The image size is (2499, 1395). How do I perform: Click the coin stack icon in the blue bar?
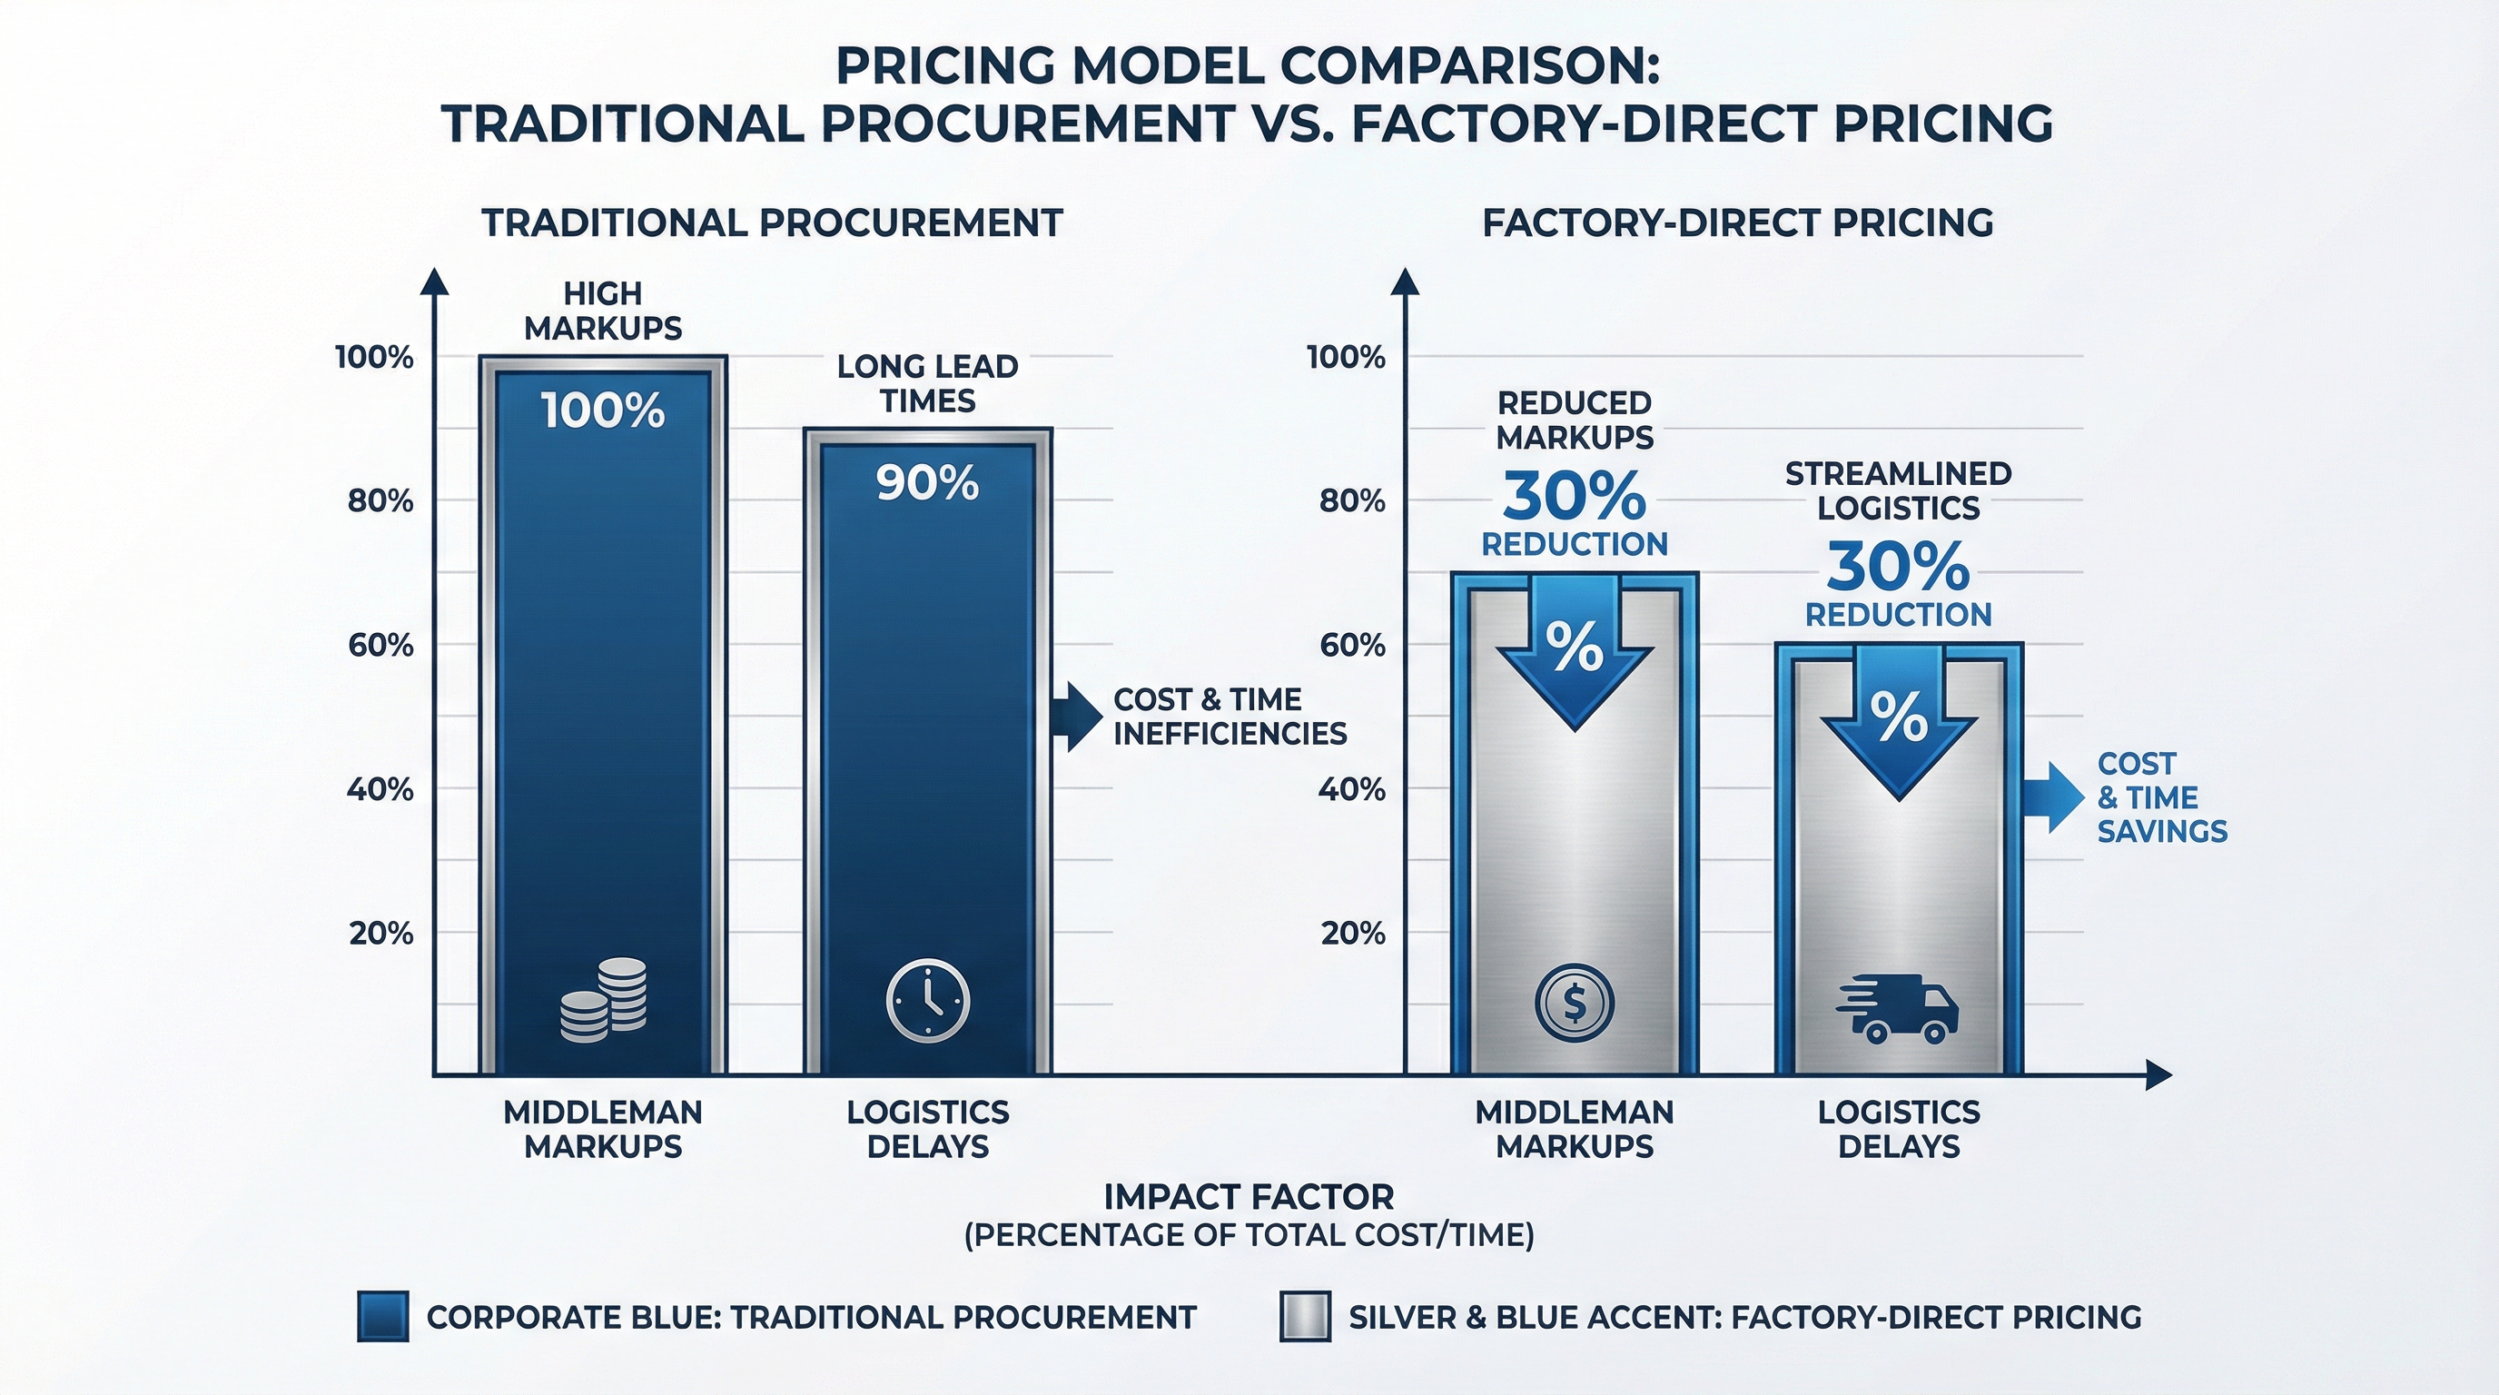tap(603, 1000)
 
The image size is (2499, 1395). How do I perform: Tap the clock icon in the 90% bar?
tap(927, 1002)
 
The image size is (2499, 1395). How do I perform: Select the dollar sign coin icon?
tap(1575, 1003)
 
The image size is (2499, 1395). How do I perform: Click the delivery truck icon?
tap(1898, 1009)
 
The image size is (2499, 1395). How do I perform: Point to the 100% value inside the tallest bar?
tap(603, 411)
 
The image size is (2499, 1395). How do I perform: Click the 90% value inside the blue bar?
tap(927, 483)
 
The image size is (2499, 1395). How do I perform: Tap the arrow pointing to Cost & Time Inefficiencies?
tap(1077, 716)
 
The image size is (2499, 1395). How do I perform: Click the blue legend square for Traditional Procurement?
tap(382, 1316)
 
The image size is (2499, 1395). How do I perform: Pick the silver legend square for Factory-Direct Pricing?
tap(1305, 1316)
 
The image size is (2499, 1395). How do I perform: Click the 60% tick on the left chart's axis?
tap(380, 645)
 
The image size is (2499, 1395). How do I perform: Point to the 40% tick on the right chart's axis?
tap(1351, 789)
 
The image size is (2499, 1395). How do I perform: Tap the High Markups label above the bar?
tap(603, 311)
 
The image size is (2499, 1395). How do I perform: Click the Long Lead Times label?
tap(927, 383)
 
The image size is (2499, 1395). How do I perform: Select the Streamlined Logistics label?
tap(1899, 490)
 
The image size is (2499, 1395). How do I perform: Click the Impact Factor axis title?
tap(1249, 1197)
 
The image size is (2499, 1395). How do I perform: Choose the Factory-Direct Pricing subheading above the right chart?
tap(1737, 223)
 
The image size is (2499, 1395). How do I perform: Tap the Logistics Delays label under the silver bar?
tap(1899, 1129)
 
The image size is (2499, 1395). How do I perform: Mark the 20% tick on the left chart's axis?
tap(381, 934)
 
